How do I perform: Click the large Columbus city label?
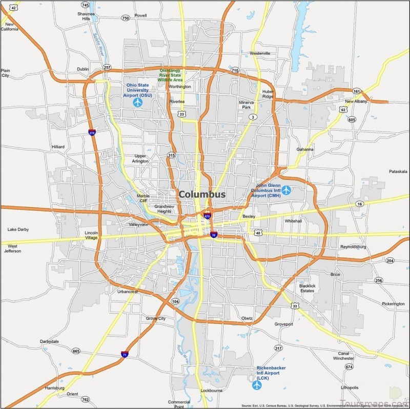pos(202,195)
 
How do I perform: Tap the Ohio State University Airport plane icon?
pos(137,103)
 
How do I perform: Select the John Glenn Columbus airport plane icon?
pos(286,191)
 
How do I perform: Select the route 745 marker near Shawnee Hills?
pos(85,5)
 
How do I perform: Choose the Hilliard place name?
pos(58,147)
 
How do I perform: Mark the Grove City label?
pos(156,318)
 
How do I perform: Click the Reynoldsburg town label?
pos(353,247)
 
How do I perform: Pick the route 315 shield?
pos(171,155)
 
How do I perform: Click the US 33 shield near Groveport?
pos(295,306)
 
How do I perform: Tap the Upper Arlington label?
pos(141,158)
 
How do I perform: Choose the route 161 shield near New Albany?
pos(357,91)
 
